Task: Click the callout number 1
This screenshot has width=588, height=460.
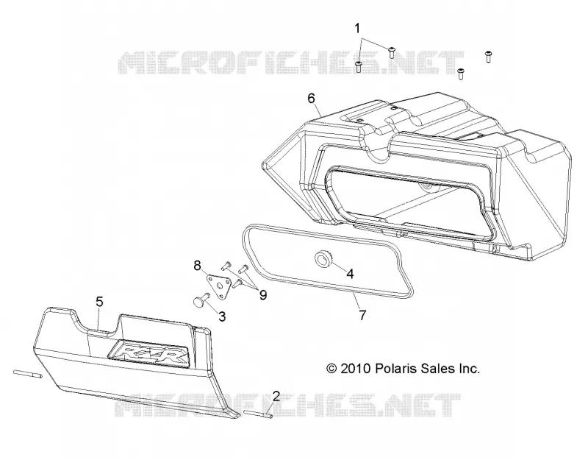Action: click(357, 28)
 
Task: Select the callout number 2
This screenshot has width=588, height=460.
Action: click(276, 395)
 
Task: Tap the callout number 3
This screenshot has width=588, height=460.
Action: click(222, 316)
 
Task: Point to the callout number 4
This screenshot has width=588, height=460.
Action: click(350, 274)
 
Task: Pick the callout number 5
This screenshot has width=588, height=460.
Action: click(99, 302)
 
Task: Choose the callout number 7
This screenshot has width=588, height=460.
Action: click(362, 315)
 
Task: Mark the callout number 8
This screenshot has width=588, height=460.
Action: click(197, 266)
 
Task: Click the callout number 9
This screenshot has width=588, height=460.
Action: click(263, 295)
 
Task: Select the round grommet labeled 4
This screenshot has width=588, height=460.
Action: click(323, 259)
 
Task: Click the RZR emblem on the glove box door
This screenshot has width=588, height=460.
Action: click(148, 353)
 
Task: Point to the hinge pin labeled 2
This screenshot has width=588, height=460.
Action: click(257, 414)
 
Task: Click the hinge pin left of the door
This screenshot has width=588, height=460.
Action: click(28, 374)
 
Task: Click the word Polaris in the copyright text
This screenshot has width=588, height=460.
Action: click(395, 369)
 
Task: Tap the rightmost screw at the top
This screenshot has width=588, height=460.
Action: click(488, 56)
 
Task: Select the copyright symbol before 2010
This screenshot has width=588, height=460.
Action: click(331, 369)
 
